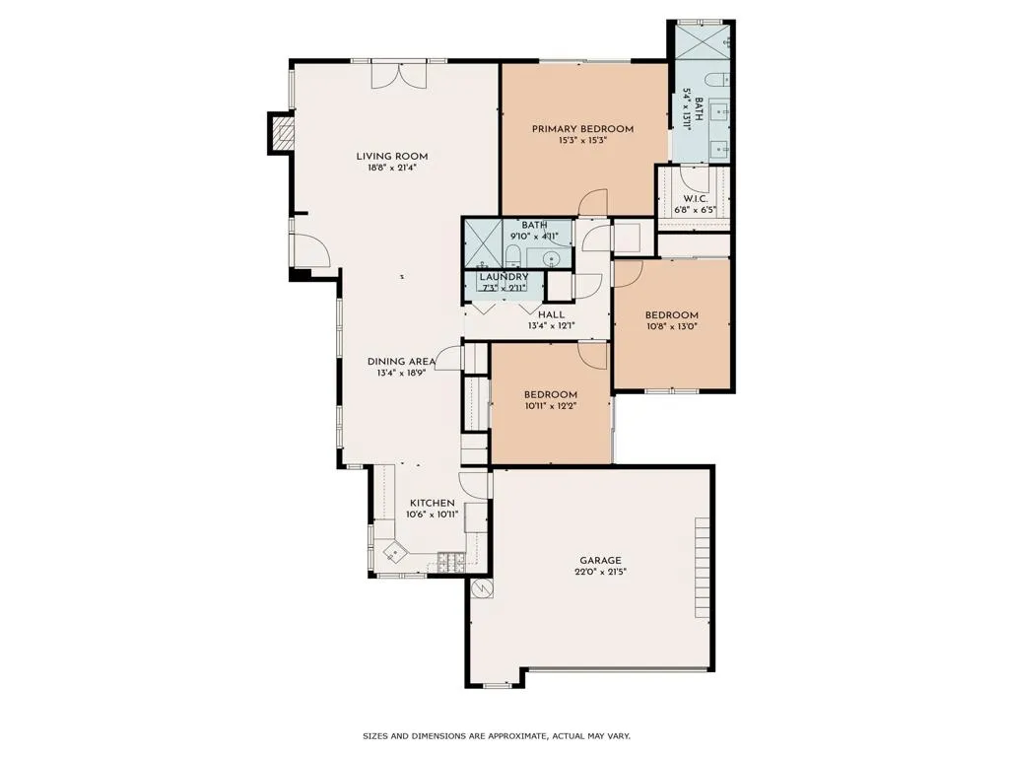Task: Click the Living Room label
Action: pyautogui.click(x=392, y=157)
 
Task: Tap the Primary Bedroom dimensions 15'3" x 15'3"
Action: pyautogui.click(x=583, y=140)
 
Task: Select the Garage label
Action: pyautogui.click(x=600, y=561)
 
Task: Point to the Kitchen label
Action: pyautogui.click(x=433, y=503)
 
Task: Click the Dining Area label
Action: pyautogui.click(x=402, y=362)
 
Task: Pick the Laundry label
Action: pyautogui.click(x=504, y=277)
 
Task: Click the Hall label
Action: pyautogui.click(x=552, y=314)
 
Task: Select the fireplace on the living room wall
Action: pyautogui.click(x=281, y=133)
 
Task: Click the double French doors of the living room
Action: pyautogui.click(x=399, y=75)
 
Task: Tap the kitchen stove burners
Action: pyautogui.click(x=451, y=562)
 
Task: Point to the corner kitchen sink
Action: pyautogui.click(x=394, y=552)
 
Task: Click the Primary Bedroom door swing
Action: pyautogui.click(x=592, y=202)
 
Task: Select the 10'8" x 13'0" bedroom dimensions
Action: pyautogui.click(x=672, y=326)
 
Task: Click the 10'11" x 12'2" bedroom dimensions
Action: pyautogui.click(x=550, y=406)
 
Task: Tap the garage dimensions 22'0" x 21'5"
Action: pyautogui.click(x=600, y=572)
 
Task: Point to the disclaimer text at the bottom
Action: pyautogui.click(x=497, y=735)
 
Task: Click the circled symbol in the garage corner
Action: pyautogui.click(x=481, y=588)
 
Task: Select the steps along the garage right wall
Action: pyautogui.click(x=703, y=567)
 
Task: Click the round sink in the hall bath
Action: pyautogui.click(x=551, y=259)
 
